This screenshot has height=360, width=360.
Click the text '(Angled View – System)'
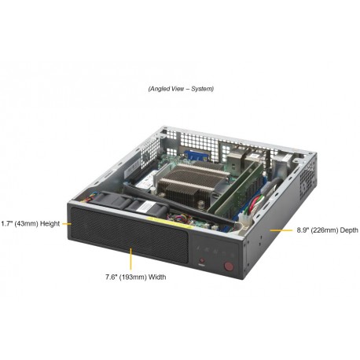pos(180,89)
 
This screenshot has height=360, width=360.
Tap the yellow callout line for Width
pos(130,260)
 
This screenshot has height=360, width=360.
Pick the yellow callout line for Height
pos(69,223)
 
